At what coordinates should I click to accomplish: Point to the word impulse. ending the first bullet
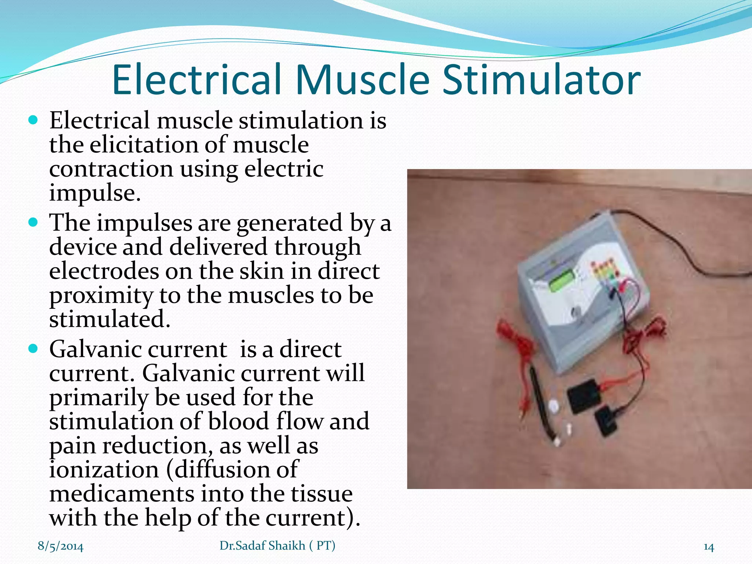click(x=95, y=194)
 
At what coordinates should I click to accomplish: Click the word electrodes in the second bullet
click(x=102, y=271)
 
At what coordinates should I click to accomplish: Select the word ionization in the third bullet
click(x=104, y=470)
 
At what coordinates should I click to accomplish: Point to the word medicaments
click(x=122, y=494)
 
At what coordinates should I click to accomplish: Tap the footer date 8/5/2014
click(x=61, y=546)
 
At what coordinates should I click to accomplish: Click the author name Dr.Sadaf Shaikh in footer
click(x=262, y=546)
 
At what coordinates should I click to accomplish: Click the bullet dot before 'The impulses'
click(x=33, y=223)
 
